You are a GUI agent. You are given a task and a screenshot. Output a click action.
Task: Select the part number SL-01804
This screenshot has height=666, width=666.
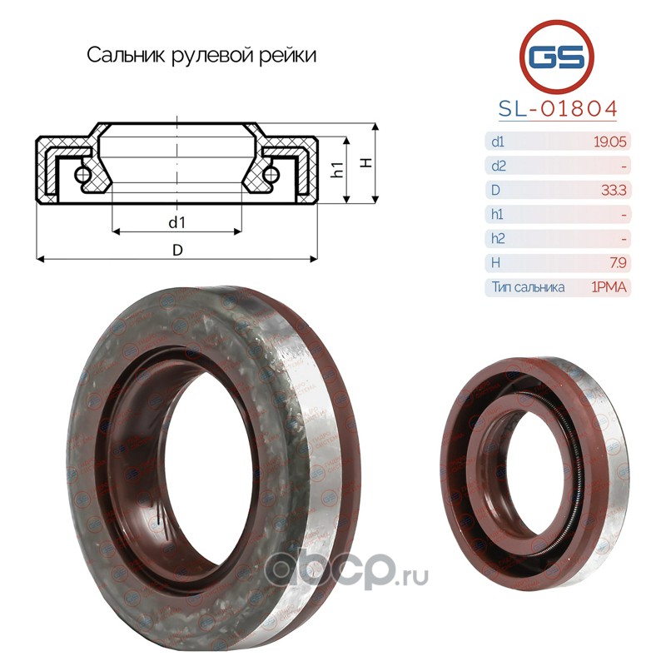click(x=558, y=109)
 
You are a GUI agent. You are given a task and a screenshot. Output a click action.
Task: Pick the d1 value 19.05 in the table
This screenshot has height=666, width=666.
click(x=610, y=142)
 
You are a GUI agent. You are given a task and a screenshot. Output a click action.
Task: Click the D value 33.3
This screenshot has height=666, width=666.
click(x=614, y=190)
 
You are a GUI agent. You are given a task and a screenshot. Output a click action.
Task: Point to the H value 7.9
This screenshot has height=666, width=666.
click(x=618, y=263)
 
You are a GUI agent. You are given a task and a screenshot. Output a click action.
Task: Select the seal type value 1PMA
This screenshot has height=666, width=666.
click(x=609, y=287)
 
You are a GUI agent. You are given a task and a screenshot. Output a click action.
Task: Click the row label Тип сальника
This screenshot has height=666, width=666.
click(x=528, y=287)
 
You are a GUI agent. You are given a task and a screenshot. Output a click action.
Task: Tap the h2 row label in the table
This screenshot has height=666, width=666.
click(x=498, y=238)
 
